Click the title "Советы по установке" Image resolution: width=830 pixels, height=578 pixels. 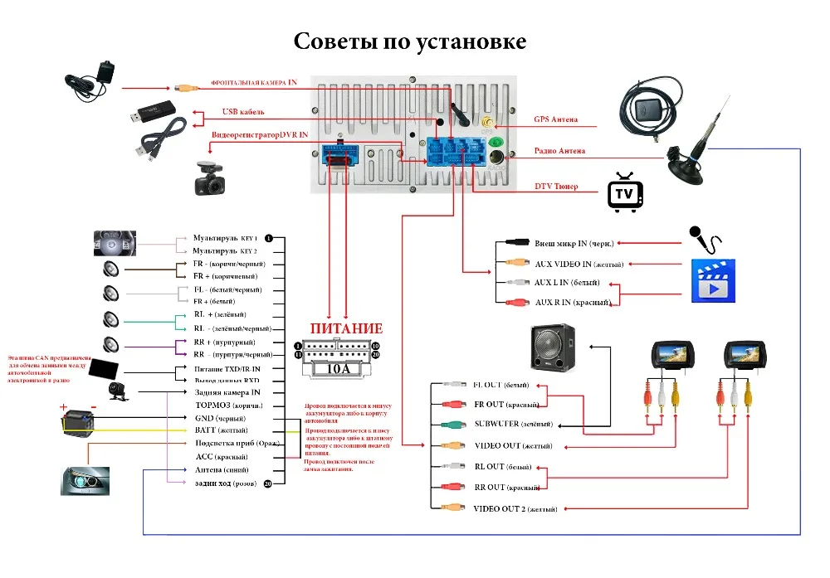tap(410, 41)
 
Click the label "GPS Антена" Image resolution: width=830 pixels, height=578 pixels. tap(555, 119)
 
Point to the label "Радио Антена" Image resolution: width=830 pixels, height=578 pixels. tap(559, 151)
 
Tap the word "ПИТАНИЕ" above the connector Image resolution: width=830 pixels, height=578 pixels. tap(346, 328)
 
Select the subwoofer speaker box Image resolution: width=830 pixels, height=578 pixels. tap(554, 349)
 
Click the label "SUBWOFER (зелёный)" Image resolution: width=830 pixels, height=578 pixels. tap(512, 425)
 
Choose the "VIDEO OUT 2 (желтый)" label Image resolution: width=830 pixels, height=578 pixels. tap(515, 508)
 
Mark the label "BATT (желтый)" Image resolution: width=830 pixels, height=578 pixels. tap(221, 431)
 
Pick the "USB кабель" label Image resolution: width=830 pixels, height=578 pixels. tap(243, 112)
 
